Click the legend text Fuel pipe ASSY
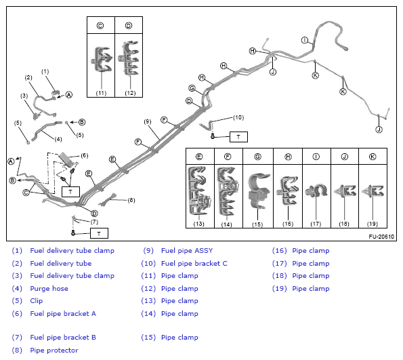[x=187, y=251]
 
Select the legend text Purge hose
[x=49, y=288]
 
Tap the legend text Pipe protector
[x=54, y=351]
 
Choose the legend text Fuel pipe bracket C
[x=194, y=264]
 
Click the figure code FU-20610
[x=381, y=237]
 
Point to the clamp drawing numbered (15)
[x=259, y=190]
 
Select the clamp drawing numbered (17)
[x=316, y=191]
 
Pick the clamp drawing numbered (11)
[x=102, y=59]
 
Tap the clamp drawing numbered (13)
[x=199, y=190]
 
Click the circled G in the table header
[x=258, y=157]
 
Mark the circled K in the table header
[x=373, y=157]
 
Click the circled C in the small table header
[x=100, y=26]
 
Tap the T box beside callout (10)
[x=238, y=137]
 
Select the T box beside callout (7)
[x=99, y=233]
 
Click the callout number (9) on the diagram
[x=147, y=121]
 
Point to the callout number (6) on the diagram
[x=84, y=155]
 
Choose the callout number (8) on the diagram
[x=131, y=200]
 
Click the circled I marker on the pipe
[x=305, y=40]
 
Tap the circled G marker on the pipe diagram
[x=192, y=88]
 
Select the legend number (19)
[x=279, y=288]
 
